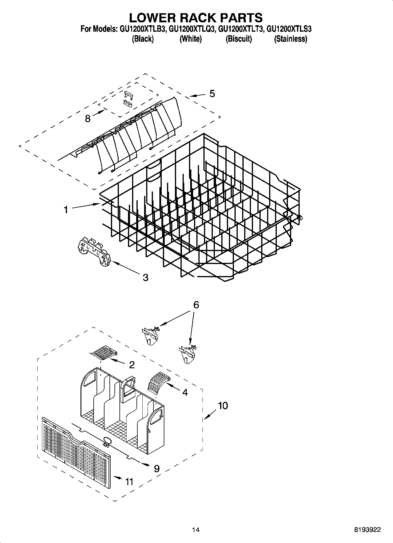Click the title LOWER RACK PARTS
[x=196, y=18]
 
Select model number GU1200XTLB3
[x=142, y=29]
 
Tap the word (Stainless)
[x=290, y=39]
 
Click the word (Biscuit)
[x=238, y=39]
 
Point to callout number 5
[x=212, y=94]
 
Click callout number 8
[x=87, y=118]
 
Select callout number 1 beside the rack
[x=66, y=210]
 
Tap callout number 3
[x=145, y=277]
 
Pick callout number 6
[x=196, y=305]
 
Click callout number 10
[x=223, y=406]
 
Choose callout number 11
[x=129, y=482]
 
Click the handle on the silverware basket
[x=127, y=388]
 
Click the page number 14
[x=196, y=530]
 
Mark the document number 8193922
[x=367, y=530]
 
